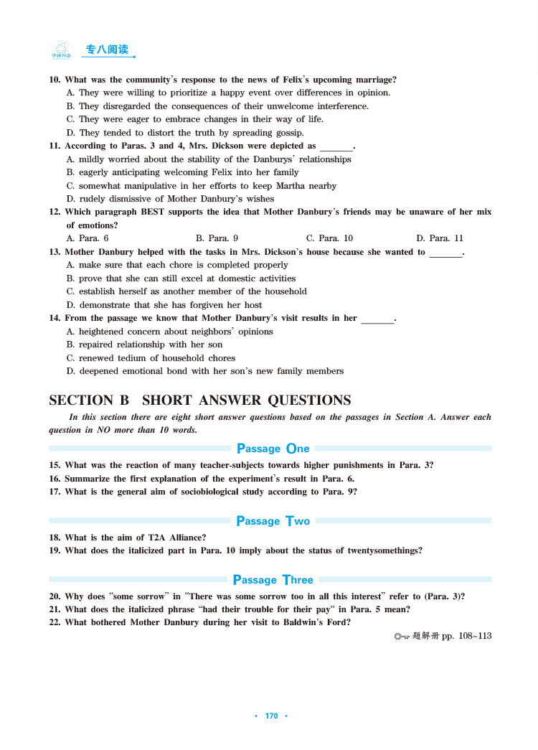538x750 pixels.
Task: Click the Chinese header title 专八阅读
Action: (x=107, y=50)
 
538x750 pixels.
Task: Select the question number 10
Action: (x=54, y=80)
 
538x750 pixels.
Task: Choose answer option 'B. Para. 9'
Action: (x=217, y=238)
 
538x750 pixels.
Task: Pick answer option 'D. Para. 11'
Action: (x=440, y=238)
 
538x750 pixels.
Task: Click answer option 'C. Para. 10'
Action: (x=329, y=238)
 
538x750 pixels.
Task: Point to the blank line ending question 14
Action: (x=377, y=319)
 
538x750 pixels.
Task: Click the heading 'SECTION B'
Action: (x=89, y=400)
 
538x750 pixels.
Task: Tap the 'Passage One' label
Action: (x=273, y=449)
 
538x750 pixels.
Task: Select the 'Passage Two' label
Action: (x=273, y=521)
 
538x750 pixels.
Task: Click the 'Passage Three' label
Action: (x=273, y=580)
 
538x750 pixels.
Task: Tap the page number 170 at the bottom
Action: (x=271, y=716)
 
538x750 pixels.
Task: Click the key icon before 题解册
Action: (x=402, y=636)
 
